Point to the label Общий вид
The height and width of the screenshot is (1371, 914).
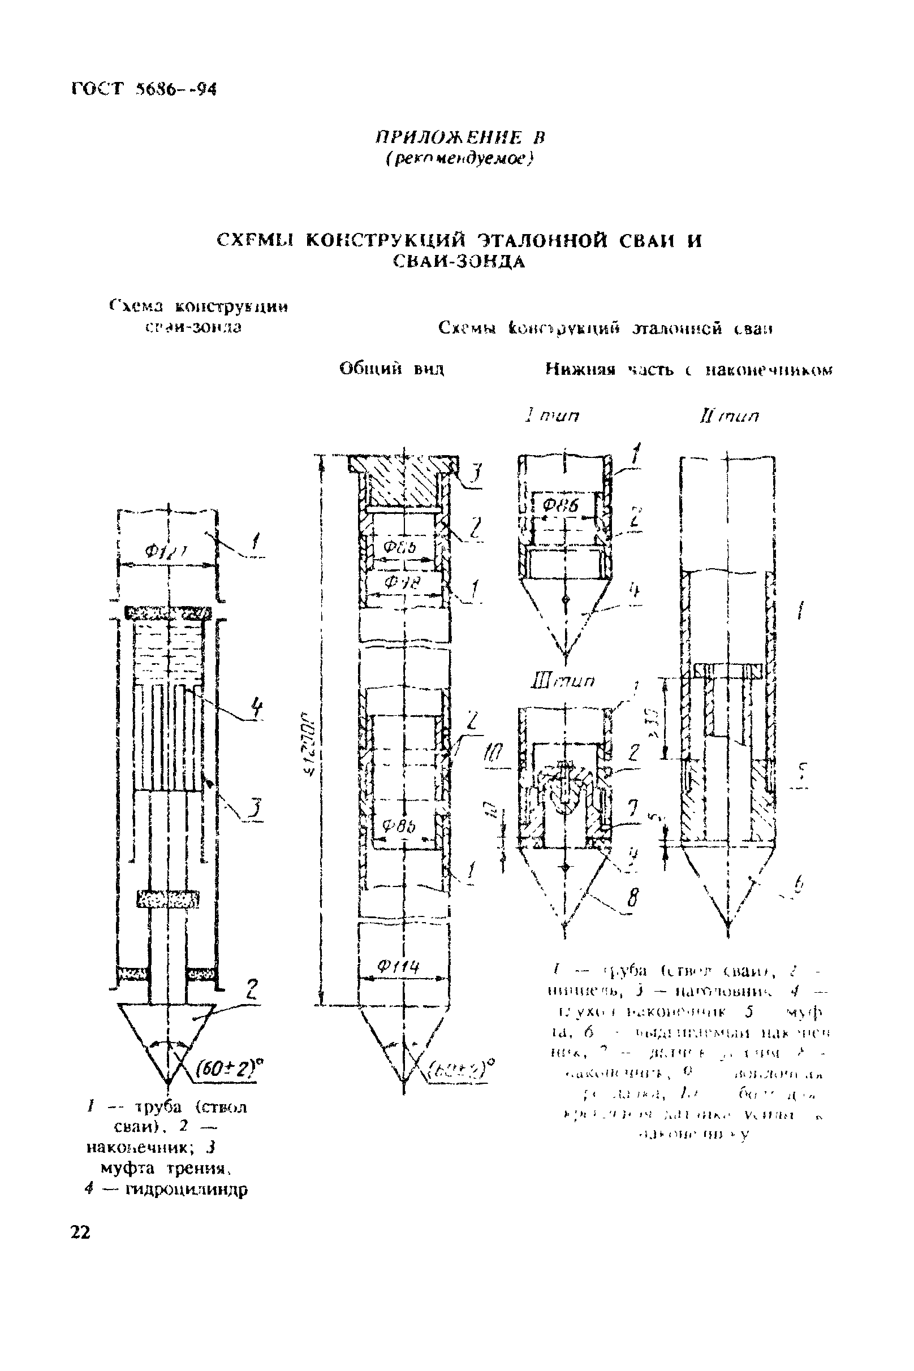click(392, 369)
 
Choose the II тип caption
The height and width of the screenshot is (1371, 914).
click(728, 417)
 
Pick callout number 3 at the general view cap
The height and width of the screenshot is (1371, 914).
click(476, 473)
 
